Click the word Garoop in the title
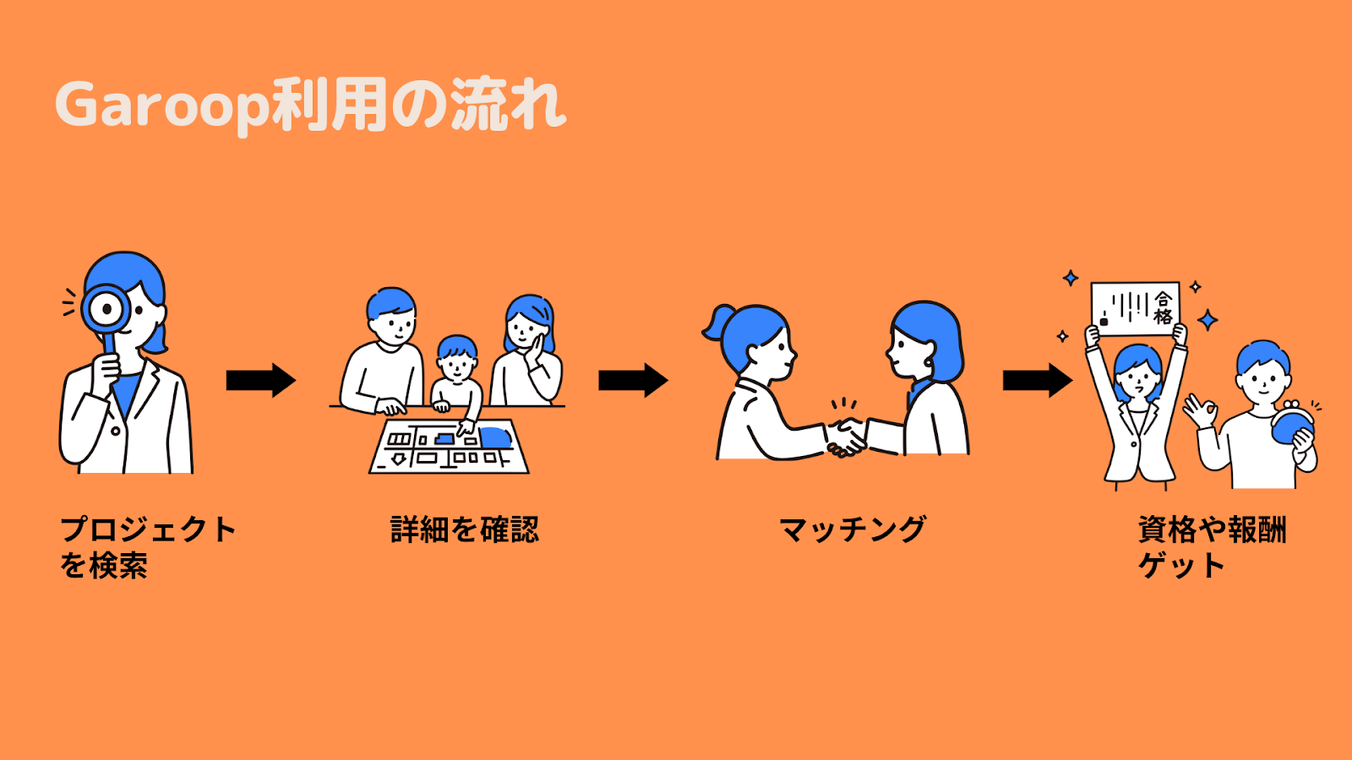161,106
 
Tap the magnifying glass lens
106,309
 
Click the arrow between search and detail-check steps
261,381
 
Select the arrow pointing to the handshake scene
633,381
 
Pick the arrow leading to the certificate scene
1038,381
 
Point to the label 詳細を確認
464,529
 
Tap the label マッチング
853,529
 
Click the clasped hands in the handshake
846,437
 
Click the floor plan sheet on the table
449,447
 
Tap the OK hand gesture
1200,410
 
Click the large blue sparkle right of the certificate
1208,320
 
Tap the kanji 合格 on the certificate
1163,307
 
